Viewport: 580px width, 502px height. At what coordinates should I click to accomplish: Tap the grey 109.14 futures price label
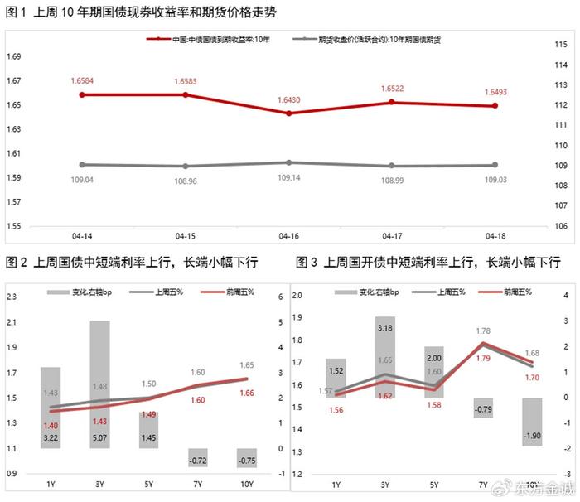pos(289,178)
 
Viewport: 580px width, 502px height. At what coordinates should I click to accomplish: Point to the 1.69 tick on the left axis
pos(14,57)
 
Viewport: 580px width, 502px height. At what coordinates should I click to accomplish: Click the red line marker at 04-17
pos(392,103)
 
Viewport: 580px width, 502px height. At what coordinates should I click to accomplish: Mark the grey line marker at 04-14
pos(82,164)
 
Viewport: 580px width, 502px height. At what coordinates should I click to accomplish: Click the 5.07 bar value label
pos(99,437)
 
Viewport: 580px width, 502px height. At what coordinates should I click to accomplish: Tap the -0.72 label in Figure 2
pos(196,459)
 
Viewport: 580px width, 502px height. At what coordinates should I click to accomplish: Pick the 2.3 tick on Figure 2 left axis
pos(13,297)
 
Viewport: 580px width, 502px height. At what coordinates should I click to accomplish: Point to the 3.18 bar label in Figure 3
pos(384,329)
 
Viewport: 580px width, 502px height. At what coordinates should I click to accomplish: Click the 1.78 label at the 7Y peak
pos(483,331)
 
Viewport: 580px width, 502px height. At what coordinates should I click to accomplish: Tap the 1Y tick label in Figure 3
pos(336,485)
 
